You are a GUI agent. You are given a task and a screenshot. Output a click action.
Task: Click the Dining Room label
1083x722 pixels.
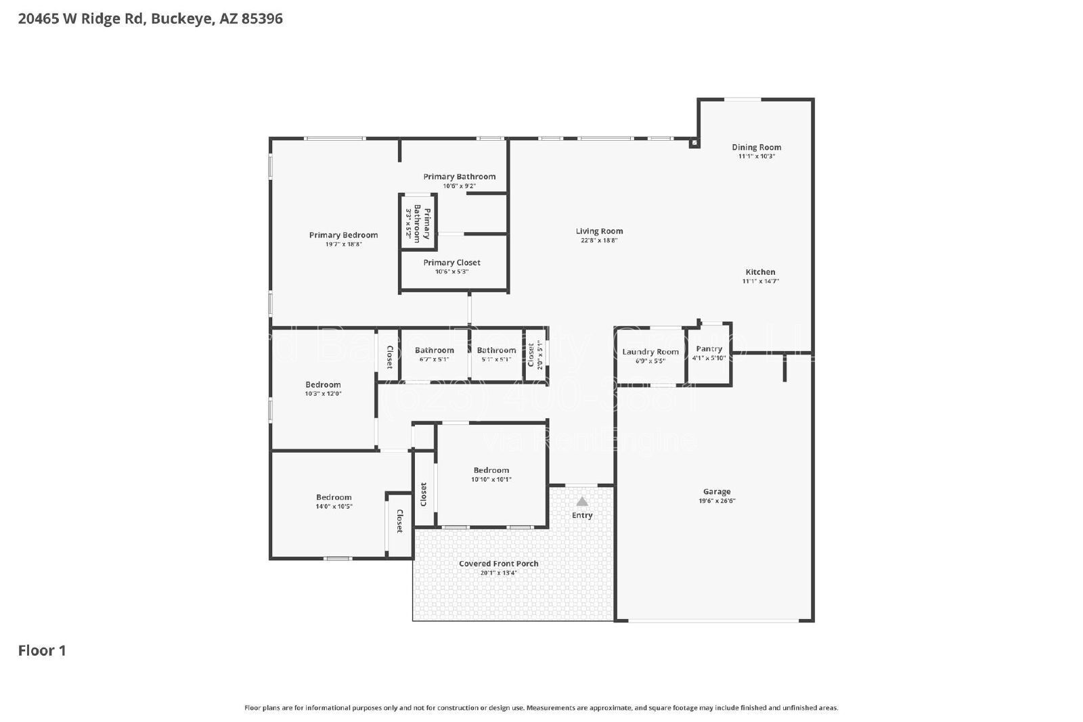tap(756, 147)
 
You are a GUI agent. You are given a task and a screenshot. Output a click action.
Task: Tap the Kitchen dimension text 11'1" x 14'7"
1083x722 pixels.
tap(760, 281)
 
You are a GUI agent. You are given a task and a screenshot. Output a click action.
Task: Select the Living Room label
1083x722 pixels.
tap(599, 231)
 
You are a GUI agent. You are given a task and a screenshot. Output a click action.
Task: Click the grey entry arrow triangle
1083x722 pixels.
tap(581, 501)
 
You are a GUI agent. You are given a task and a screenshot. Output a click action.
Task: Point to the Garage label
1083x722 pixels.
tap(717, 492)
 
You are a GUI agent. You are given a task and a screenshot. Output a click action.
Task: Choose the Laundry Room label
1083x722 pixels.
tap(650, 352)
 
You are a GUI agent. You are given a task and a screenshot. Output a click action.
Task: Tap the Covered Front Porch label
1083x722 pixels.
tap(498, 564)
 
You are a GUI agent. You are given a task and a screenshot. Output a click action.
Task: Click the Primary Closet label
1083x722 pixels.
tap(451, 263)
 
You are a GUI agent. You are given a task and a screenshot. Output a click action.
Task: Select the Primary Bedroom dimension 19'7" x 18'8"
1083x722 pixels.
tap(343, 244)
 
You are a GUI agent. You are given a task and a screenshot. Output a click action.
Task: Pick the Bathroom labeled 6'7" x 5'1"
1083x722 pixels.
tap(434, 355)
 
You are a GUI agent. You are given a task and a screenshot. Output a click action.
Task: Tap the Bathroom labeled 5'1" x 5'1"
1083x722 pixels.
tap(496, 355)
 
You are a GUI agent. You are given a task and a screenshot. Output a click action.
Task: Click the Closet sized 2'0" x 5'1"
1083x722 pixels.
tap(535, 355)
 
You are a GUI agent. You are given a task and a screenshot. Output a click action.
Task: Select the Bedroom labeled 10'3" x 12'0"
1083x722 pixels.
tap(323, 388)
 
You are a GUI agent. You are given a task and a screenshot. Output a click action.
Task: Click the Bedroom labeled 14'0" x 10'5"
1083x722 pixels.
tap(334, 501)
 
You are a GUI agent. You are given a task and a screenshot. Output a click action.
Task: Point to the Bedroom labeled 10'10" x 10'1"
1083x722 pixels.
tap(491, 474)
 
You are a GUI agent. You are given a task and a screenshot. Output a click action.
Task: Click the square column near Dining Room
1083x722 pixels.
tap(694, 143)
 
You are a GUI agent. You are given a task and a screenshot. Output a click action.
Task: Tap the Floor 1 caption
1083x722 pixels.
tap(42, 650)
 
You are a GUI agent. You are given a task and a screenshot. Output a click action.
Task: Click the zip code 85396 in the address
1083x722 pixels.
tap(262, 19)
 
